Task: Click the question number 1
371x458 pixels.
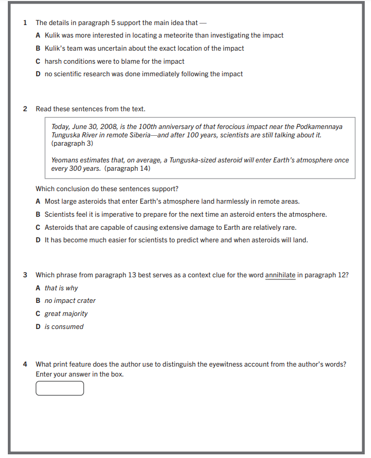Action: point(25,22)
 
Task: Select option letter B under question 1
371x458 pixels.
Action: point(38,49)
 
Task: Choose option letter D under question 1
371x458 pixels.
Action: point(38,74)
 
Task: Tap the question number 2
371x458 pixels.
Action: point(25,109)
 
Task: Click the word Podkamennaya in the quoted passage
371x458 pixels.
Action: point(319,127)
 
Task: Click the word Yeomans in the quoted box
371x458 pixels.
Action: point(65,160)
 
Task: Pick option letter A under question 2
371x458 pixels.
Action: point(38,202)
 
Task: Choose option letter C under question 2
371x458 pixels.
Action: point(38,228)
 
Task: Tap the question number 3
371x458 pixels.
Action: point(25,275)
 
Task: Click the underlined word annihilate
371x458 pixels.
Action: point(280,275)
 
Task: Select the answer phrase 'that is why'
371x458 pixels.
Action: point(61,288)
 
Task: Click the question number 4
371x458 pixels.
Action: point(25,364)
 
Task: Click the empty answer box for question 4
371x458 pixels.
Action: point(59,389)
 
